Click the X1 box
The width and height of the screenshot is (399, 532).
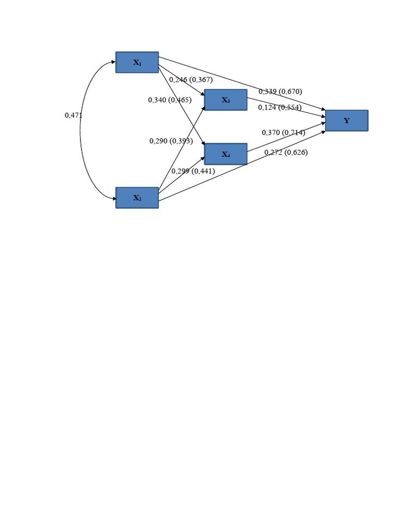[x=137, y=62]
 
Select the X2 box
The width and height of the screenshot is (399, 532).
[x=137, y=198]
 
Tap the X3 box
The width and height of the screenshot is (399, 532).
[x=225, y=100]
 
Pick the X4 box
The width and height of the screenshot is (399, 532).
[x=225, y=154]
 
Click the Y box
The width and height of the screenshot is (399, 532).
[x=347, y=121]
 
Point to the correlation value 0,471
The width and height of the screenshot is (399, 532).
[x=73, y=115]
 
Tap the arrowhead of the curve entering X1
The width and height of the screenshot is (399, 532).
[x=113, y=62]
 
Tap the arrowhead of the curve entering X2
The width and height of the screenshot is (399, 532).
[x=113, y=198]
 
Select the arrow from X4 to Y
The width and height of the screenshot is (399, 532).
[x=286, y=138]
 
